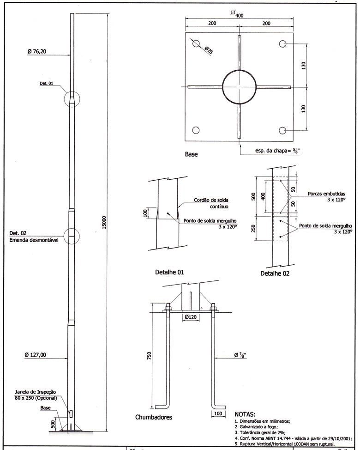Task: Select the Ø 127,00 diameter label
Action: point(38,355)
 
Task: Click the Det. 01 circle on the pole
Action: point(72,99)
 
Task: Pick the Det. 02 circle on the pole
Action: point(71,236)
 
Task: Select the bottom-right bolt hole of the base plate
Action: point(282,131)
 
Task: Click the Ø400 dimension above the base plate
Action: point(237,15)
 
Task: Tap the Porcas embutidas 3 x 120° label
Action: point(326,197)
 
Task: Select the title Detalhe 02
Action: point(275,274)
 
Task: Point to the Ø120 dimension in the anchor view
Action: point(191,317)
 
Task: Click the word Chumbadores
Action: point(154,417)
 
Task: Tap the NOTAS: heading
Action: point(248,414)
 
